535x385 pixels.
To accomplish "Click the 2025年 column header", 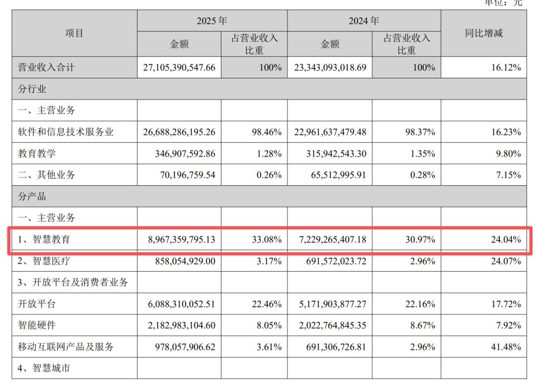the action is pos(212,21).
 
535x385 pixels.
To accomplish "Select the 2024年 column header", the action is pos(364,21).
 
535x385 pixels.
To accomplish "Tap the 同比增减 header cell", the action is pos(484,33).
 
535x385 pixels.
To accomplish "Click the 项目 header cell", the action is pos(74,33).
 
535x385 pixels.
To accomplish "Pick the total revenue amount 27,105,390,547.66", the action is pos(179,67).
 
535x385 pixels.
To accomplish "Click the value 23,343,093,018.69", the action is pos(330,67).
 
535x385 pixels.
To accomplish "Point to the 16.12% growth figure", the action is pos(506,67).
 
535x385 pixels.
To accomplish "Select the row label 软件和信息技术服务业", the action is pos(65,132).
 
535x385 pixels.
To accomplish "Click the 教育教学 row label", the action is pos(37,153).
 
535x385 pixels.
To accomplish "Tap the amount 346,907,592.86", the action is pos(185,154).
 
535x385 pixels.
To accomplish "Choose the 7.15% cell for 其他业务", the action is pos(508,175).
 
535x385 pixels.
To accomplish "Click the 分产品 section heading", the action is pos(32,196).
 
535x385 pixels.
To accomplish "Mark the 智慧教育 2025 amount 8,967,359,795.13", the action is pos(181,239).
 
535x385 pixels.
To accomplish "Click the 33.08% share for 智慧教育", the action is pos(267,239).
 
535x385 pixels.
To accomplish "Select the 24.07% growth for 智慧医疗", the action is pos(506,261).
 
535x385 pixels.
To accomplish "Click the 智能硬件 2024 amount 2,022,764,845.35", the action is pos(333,325).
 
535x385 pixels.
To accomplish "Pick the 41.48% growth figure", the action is pos(506,347).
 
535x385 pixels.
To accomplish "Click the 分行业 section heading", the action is pos(32,89).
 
